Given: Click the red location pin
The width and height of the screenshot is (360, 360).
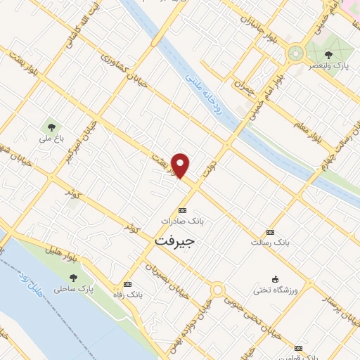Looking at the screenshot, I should pos(181,165).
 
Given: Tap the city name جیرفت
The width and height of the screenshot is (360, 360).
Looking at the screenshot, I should pos(173,240).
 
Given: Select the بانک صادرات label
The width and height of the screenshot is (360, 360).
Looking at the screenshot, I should pos(182,220).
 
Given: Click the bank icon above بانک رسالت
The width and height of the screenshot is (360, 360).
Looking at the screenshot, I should pos(270,232).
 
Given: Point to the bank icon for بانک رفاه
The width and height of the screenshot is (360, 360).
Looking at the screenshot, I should pos(127,284).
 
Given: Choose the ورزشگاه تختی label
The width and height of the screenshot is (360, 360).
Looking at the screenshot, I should pos(276,290).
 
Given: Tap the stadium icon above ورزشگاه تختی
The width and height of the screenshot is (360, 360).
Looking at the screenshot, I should pos(276,278).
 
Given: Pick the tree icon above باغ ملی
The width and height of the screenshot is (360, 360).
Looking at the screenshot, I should pos(51,127).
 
